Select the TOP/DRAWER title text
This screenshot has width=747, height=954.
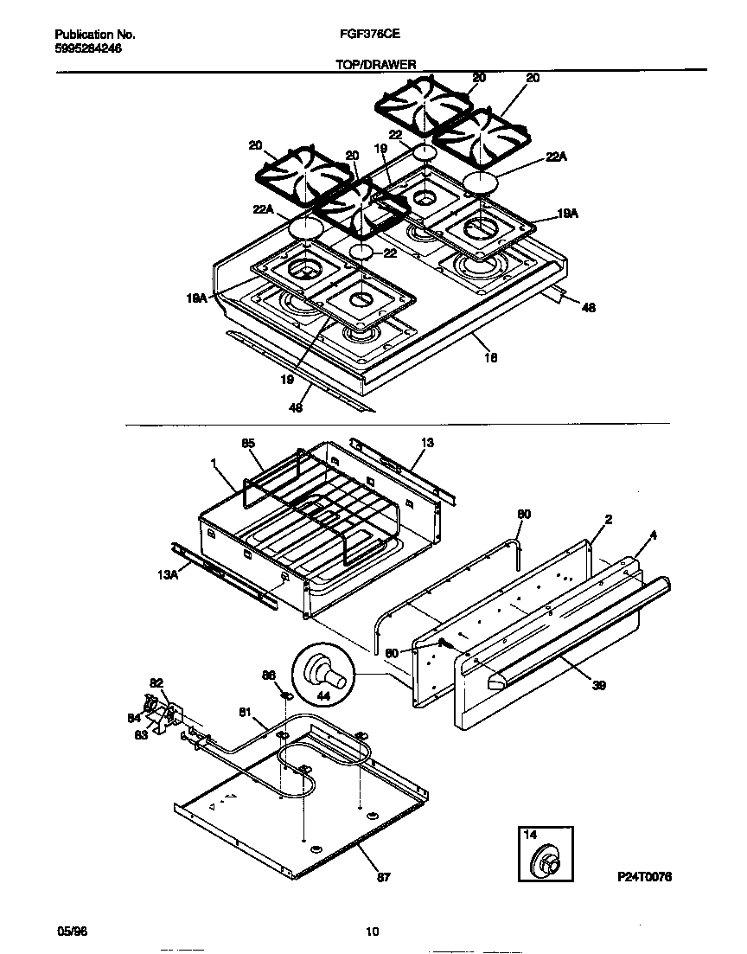[375, 64]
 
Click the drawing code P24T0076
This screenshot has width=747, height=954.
[644, 877]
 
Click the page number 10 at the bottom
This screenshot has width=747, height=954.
[372, 932]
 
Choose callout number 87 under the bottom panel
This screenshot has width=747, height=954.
[385, 877]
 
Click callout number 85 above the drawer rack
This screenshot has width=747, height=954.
[249, 443]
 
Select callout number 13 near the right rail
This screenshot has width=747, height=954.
[427, 443]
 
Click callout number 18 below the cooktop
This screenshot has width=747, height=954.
[490, 357]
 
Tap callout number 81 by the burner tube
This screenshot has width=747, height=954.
[245, 713]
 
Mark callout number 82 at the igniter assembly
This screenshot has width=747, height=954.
[156, 682]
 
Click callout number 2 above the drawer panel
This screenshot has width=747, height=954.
[609, 520]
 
